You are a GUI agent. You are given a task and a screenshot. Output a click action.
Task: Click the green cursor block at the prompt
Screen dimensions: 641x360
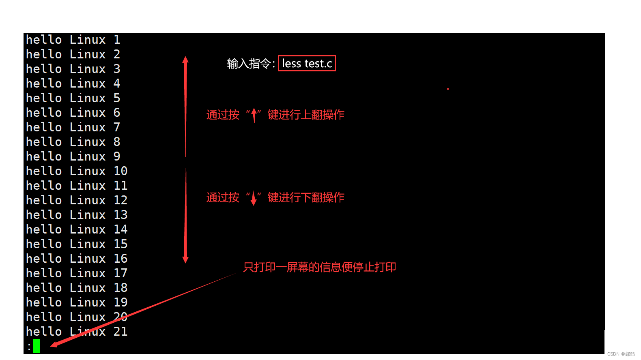tap(37, 346)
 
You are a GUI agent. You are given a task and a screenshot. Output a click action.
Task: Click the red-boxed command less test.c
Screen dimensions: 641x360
tap(307, 63)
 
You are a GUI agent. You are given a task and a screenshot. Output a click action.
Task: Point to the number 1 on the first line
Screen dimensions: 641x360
tap(117, 40)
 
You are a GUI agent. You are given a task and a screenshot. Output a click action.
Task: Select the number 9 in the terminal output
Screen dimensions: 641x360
tap(117, 156)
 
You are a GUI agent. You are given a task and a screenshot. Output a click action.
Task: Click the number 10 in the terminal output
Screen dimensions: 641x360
tap(120, 171)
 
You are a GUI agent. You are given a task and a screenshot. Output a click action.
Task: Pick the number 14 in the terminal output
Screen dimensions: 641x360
tap(120, 229)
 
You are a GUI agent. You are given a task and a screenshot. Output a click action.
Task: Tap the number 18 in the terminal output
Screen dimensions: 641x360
tap(120, 288)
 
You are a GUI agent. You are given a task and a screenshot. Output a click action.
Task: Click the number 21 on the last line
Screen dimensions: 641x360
tap(120, 332)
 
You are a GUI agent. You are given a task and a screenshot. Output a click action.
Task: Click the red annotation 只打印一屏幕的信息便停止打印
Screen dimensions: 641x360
tap(319, 267)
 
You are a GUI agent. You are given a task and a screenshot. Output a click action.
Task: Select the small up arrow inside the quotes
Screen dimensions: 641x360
tap(254, 115)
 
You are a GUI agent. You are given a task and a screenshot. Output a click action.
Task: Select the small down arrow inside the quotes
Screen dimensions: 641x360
tap(254, 198)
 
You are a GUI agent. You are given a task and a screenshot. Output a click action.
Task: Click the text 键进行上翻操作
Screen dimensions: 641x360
tap(306, 115)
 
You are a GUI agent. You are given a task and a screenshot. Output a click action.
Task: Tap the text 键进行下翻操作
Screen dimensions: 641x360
tap(306, 197)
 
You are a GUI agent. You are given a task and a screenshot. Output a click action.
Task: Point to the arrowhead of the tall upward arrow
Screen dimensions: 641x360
tap(185, 60)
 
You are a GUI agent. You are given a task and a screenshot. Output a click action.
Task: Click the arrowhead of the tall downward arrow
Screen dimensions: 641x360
tap(185, 259)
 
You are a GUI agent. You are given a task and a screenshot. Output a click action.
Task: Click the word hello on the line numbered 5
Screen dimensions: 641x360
tap(44, 98)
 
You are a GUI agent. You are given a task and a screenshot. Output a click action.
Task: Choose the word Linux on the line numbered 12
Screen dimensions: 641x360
tap(88, 200)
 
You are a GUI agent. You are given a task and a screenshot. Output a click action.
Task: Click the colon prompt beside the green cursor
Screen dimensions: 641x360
tap(29, 347)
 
